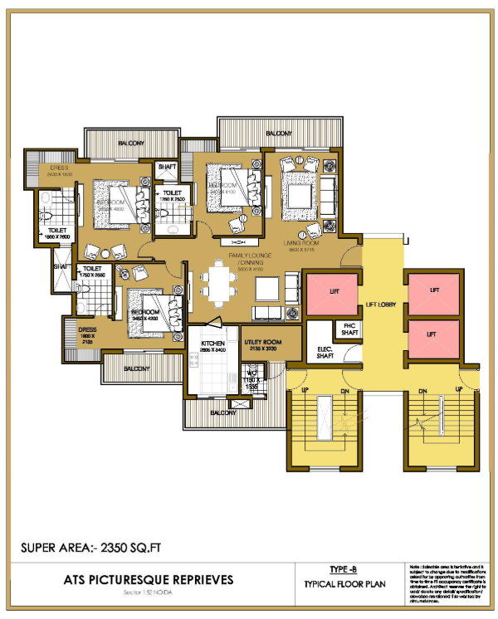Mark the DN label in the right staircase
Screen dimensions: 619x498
pos(422,390)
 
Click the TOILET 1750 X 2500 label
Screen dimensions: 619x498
pos(92,273)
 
